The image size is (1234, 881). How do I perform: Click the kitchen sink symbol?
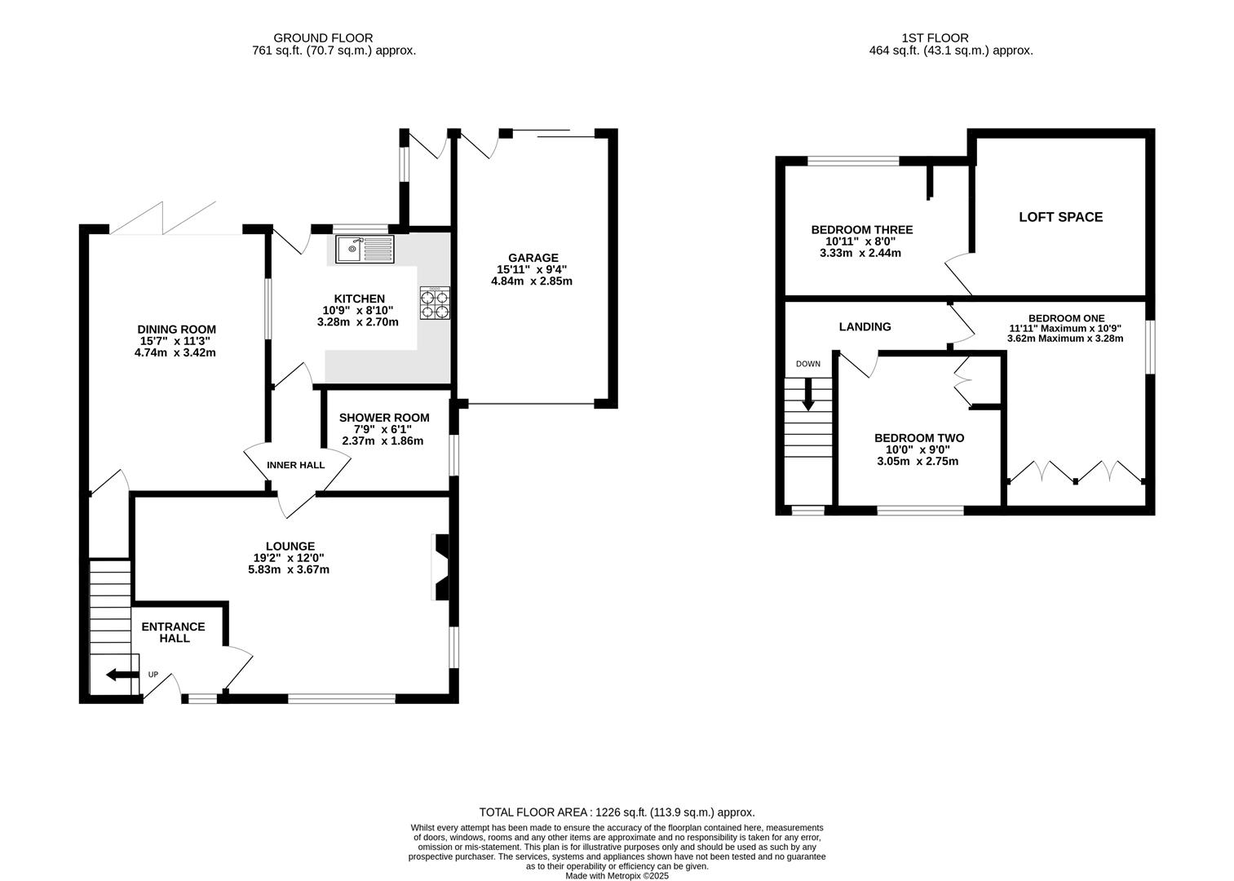(365, 249)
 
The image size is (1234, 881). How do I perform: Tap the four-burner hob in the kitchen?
(435, 303)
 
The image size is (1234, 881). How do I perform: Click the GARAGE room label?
(533, 258)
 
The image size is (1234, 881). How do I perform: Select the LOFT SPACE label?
(1060, 217)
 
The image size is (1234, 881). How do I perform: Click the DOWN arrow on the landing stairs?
(808, 394)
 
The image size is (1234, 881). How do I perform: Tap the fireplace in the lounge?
(442, 566)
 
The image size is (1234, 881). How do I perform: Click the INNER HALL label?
(296, 466)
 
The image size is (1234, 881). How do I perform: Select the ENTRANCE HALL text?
(174, 632)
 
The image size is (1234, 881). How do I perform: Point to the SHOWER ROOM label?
(384, 418)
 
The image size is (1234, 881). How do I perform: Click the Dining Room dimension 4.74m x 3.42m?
(175, 352)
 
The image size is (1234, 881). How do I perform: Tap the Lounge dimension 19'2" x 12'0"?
(289, 558)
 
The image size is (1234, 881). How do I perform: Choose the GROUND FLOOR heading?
(323, 38)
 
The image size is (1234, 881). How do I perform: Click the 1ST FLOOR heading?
(935, 38)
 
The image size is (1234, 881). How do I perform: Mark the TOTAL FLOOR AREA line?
(617, 812)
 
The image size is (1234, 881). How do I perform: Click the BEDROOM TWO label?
(919, 438)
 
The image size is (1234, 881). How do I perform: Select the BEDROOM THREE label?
(862, 230)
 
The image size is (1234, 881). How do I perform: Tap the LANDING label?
(865, 327)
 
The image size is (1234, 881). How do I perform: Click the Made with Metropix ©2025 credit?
(617, 876)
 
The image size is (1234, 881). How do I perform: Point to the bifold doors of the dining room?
(163, 218)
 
